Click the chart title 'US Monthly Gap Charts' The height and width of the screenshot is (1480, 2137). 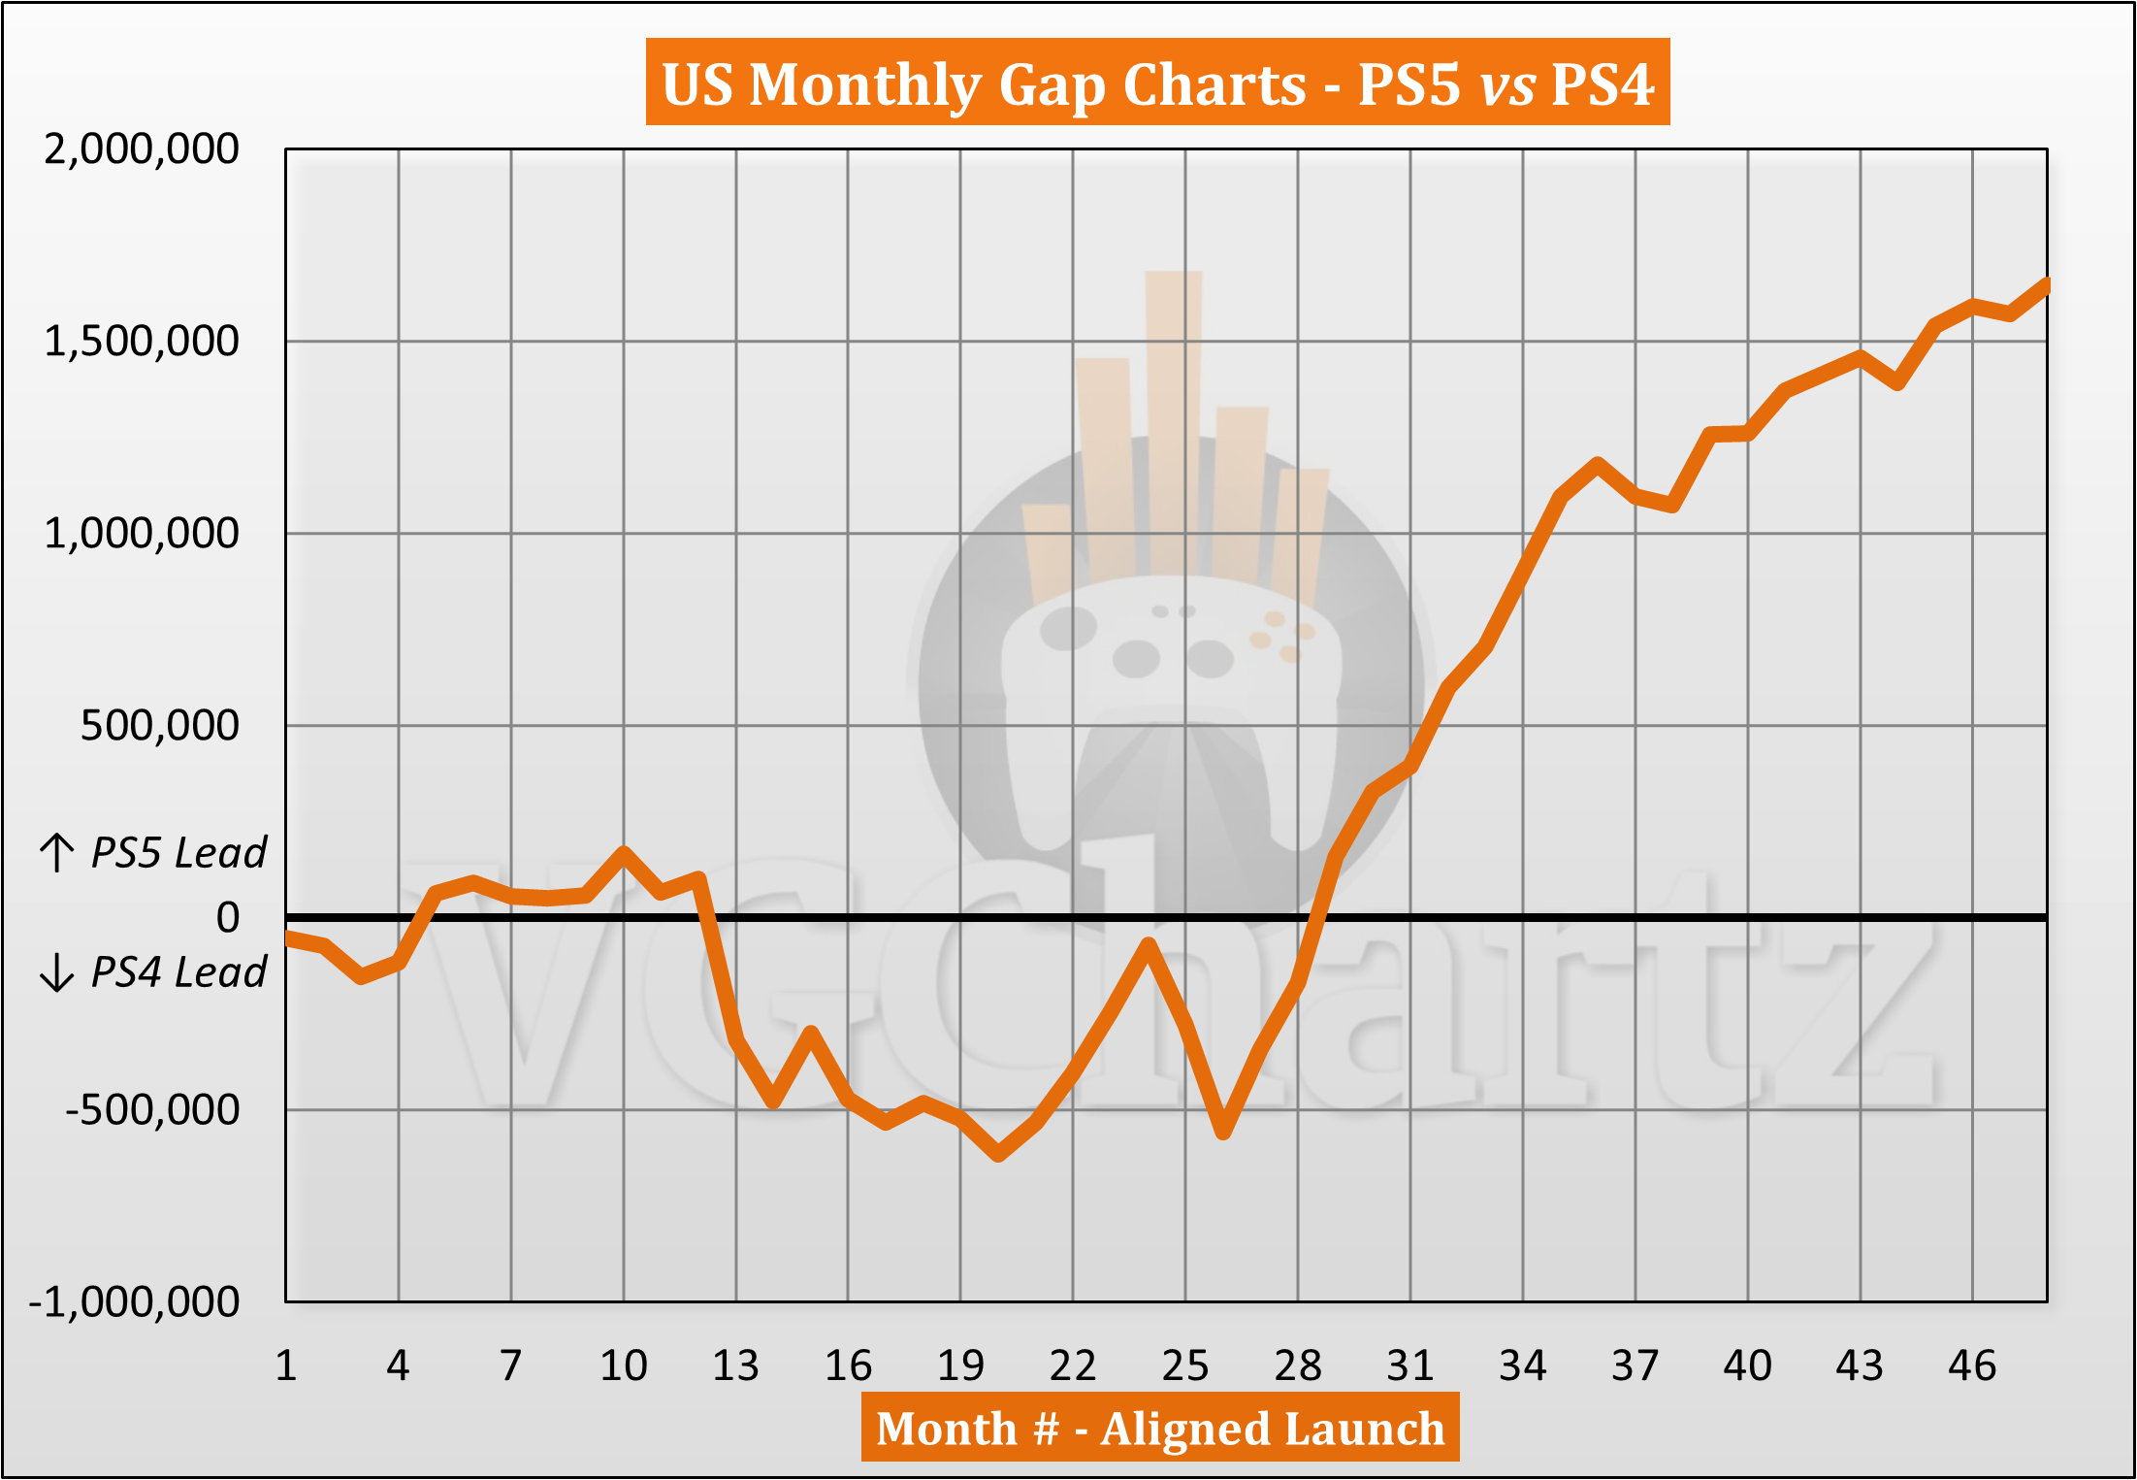point(985,84)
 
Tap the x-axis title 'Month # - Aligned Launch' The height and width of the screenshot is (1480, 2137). point(1160,1428)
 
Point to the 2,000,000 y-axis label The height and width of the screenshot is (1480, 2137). point(142,149)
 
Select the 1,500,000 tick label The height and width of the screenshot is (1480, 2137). point(142,342)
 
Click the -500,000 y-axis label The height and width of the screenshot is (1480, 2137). point(151,1109)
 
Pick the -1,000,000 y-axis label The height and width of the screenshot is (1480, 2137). point(134,1301)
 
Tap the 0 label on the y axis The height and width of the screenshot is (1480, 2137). point(228,917)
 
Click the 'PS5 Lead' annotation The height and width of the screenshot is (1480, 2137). point(178,853)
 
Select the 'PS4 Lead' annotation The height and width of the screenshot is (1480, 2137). point(178,971)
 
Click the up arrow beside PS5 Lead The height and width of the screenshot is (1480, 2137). point(57,853)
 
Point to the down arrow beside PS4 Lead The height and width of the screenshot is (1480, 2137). point(57,971)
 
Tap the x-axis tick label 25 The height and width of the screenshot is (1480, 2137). point(1184,1366)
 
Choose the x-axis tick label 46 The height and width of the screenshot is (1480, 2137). point(1972,1366)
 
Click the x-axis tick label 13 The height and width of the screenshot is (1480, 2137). point(735,1366)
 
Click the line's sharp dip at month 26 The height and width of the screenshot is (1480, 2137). point(1223,1132)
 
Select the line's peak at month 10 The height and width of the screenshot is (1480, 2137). point(624,853)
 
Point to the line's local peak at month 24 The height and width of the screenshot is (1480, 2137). point(1148,943)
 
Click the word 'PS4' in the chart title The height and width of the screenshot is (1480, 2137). point(1602,84)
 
